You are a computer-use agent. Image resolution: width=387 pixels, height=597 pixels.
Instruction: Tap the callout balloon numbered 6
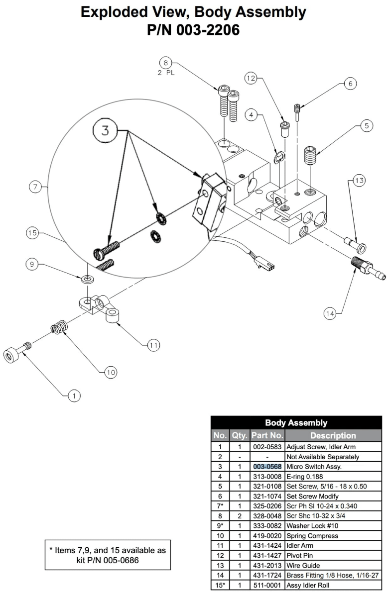(x=350, y=84)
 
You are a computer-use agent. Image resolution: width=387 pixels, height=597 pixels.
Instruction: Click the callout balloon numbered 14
(x=330, y=313)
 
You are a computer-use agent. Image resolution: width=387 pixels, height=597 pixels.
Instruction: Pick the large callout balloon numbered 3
(x=105, y=131)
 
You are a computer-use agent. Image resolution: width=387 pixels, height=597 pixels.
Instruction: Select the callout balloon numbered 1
(x=74, y=396)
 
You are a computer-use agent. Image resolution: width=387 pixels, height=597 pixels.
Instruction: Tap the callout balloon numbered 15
(x=32, y=233)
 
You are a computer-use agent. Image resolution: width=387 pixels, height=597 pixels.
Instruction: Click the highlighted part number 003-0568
(x=267, y=467)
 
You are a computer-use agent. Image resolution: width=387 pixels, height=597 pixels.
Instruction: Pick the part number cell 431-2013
(x=267, y=565)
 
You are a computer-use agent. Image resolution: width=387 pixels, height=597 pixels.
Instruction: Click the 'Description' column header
(x=333, y=435)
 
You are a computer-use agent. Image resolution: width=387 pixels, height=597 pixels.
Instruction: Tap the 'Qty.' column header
(x=240, y=435)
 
